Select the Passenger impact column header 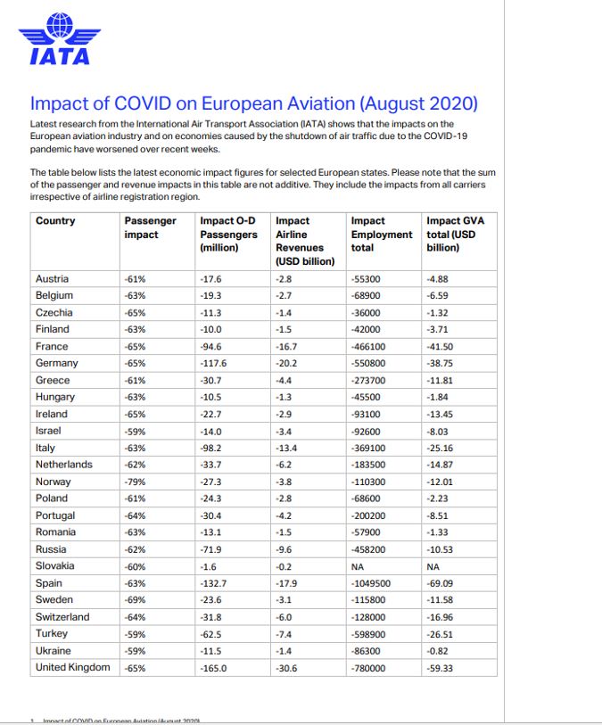150,227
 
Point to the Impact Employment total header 382,234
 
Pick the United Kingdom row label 72,667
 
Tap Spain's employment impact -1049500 375,583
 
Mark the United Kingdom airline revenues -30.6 286,668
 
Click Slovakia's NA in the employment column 359,566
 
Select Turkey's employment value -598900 372,634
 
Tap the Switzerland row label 62,616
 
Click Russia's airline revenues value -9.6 284,549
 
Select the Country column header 55,221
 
